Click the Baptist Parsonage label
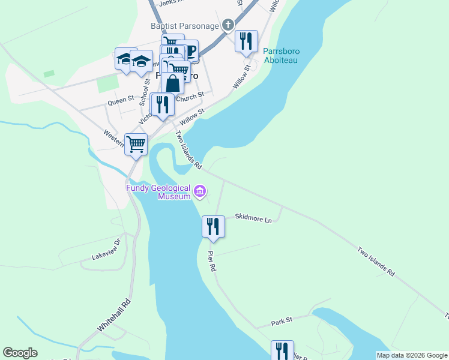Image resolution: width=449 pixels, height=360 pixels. tap(185, 26)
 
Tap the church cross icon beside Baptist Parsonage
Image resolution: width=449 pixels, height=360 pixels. tap(228, 25)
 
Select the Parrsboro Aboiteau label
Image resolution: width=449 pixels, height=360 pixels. tap(282, 56)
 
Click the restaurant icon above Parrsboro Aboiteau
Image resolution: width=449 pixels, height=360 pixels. tap(246, 41)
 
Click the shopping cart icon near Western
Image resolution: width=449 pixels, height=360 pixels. tap(136, 144)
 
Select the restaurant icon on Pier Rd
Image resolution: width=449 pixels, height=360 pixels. tap(213, 226)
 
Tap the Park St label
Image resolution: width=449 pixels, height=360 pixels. tap(281, 322)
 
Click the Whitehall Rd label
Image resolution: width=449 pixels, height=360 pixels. tap(114, 316)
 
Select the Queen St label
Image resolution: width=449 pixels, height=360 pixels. tap(121, 102)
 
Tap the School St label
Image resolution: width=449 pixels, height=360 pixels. tap(145, 92)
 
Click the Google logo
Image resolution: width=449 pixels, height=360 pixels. tap(20, 352)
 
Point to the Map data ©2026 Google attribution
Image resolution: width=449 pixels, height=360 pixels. tap(412, 355)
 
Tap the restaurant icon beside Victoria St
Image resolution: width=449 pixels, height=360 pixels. tap(163, 104)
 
